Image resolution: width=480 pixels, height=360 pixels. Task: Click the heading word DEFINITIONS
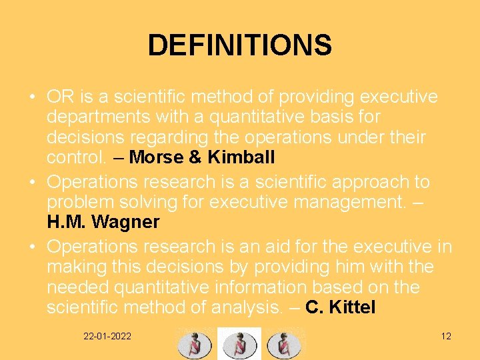point(239,46)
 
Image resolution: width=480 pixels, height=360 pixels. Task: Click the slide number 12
point(446,336)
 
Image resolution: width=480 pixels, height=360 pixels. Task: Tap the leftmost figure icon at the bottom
point(194,344)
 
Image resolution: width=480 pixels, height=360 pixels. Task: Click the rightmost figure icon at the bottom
point(283,344)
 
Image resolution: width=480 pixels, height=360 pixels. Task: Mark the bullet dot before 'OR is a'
point(32,97)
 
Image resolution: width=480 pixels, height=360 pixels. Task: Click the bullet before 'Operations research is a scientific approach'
point(32,182)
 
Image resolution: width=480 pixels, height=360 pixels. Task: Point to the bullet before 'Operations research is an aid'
point(32,247)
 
